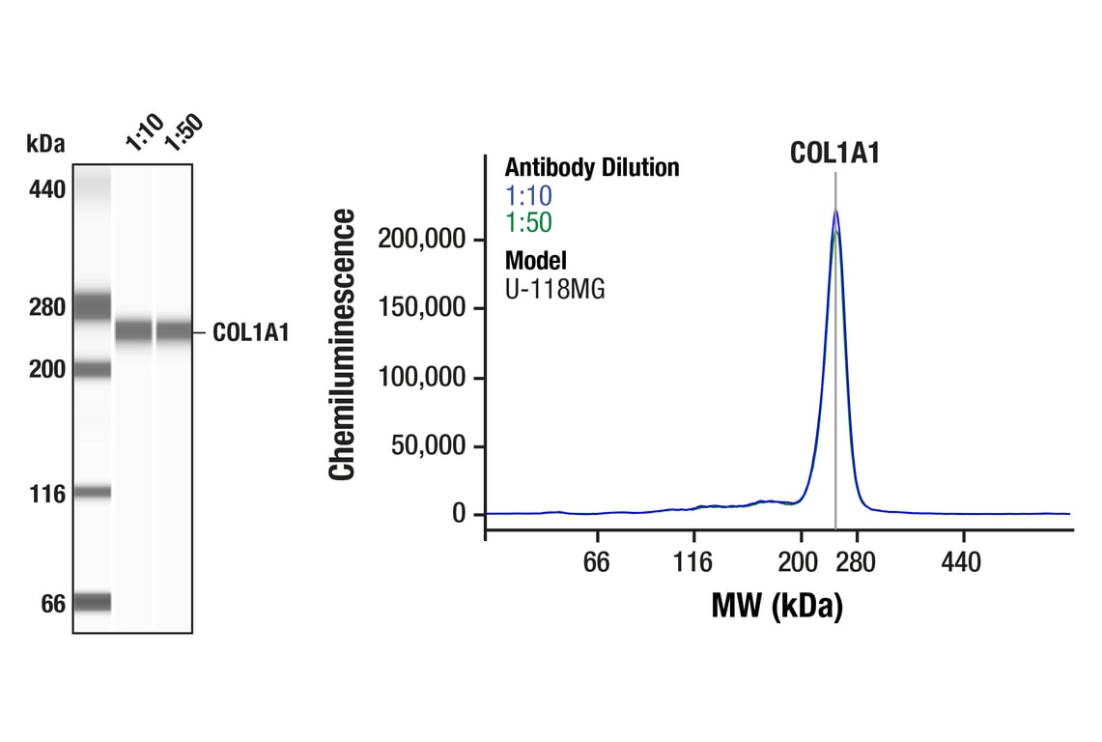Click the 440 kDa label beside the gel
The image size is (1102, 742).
pos(46,189)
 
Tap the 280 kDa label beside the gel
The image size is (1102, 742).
pos(46,308)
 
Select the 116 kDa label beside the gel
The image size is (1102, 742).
pos(46,495)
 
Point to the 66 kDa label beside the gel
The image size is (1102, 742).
pos(52,605)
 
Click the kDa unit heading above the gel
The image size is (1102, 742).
pos(45,145)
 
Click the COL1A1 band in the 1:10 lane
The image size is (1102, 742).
pos(133,331)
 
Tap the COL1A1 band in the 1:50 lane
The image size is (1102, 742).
pos(174,331)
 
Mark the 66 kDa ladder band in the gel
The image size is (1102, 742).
pos(94,603)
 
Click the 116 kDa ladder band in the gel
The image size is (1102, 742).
pos(94,493)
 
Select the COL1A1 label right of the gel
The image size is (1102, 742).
pos(250,333)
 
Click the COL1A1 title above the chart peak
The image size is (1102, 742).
pos(834,153)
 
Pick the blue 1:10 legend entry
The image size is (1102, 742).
pos(528,196)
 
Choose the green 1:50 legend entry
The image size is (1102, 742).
pos(528,223)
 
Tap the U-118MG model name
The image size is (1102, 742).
pos(554,288)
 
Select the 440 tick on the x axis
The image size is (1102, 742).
pos(960,562)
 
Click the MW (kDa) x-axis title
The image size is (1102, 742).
pos(777,607)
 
